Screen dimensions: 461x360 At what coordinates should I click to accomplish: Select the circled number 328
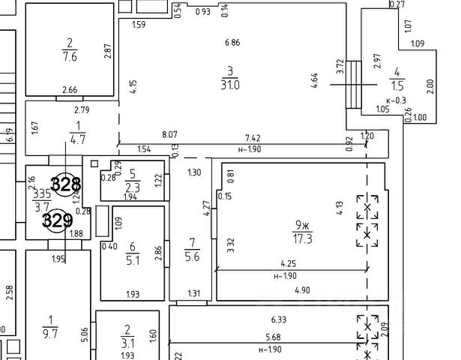[66, 183]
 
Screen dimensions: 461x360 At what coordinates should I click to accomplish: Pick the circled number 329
[57, 220]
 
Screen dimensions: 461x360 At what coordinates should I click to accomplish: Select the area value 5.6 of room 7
[192, 256]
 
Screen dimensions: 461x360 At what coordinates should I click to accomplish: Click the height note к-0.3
[396, 100]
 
